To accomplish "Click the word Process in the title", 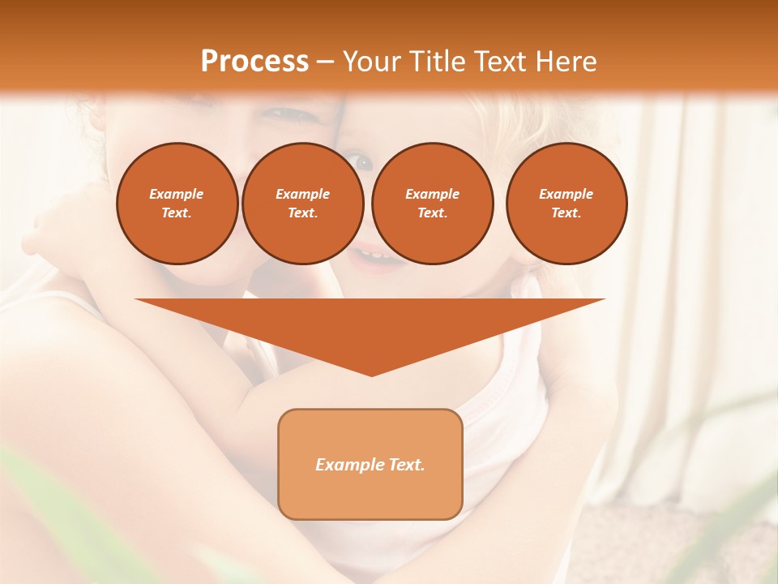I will coord(254,61).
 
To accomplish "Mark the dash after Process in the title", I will coord(325,62).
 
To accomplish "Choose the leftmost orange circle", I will coord(177,204).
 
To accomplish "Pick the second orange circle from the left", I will coord(302,204).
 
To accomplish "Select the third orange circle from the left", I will coord(432,204).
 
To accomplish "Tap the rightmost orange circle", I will coord(566,204).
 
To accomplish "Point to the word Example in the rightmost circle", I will coord(566,194).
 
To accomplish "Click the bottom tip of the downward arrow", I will coord(371,374).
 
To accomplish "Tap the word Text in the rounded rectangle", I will coord(406,465).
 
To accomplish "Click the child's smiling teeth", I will coord(374,256).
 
